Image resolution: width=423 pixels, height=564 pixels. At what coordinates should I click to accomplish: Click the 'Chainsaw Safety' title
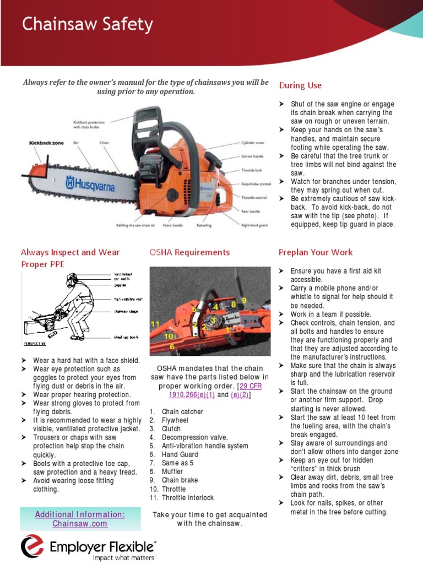point(87,25)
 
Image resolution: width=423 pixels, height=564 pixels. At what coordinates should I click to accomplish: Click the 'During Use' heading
point(300,85)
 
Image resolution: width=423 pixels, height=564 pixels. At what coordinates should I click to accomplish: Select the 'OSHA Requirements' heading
point(189,252)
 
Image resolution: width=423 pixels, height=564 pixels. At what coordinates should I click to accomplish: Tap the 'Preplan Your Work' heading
point(316,252)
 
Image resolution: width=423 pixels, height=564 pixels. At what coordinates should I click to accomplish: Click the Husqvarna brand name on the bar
point(90,184)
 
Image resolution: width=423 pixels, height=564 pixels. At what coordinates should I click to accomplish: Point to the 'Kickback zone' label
point(46,143)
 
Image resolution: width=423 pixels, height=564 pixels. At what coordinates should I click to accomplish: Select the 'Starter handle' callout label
point(254,156)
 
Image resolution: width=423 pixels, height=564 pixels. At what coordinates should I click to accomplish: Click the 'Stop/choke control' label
point(256,184)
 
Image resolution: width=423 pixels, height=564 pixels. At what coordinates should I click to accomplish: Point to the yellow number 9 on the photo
point(244,300)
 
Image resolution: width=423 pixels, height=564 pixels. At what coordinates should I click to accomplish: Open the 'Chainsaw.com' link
point(80,524)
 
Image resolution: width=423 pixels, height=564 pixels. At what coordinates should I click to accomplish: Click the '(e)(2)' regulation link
point(241,395)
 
